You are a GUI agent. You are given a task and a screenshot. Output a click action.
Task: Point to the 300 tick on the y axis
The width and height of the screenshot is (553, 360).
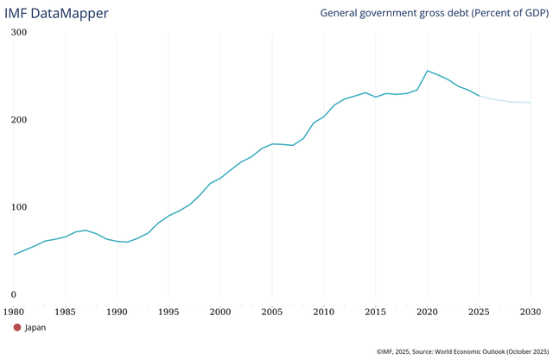(19, 33)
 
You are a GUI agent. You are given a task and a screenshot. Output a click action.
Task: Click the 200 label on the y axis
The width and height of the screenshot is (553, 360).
(19, 120)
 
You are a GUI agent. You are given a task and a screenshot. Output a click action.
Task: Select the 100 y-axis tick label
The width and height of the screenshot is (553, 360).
(19, 207)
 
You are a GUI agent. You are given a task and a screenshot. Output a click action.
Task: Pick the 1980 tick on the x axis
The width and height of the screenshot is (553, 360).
(14, 311)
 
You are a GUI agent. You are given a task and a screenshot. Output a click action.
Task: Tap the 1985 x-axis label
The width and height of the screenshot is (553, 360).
(66, 311)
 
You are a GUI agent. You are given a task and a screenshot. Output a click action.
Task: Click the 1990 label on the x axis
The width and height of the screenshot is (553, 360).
(117, 311)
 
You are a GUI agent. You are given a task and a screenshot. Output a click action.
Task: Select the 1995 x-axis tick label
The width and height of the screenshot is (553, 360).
(168, 311)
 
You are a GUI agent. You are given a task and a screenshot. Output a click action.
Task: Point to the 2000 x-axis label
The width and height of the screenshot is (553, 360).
(220, 311)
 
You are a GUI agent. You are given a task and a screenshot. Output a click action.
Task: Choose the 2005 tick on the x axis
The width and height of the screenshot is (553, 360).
(272, 311)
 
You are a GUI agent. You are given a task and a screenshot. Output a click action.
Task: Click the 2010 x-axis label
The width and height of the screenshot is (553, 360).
(324, 311)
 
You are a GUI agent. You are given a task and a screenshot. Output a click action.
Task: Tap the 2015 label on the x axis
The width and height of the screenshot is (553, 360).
(375, 311)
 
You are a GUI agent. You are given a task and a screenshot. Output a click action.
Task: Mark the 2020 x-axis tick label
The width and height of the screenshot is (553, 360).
(427, 311)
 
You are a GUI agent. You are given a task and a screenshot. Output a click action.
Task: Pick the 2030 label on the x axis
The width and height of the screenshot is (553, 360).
(530, 311)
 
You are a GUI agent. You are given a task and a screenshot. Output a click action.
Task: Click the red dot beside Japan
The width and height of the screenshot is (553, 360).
(16, 327)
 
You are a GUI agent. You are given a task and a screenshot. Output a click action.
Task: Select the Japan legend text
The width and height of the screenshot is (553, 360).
(35, 327)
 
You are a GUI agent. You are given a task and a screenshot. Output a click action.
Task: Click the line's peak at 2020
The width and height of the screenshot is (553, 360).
(427, 71)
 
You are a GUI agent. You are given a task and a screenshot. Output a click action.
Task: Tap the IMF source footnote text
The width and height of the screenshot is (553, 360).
(462, 351)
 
